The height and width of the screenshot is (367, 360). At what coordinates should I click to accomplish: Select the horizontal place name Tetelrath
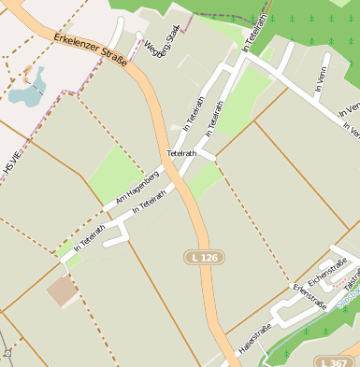pyautogui.click(x=181, y=152)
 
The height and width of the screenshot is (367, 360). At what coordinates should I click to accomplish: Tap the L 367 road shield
pyautogui.click(x=335, y=361)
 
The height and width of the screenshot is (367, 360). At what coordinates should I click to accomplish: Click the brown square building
pyautogui.click(x=63, y=291)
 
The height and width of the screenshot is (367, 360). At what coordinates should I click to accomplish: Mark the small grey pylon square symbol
pyautogui.click(x=7, y=354)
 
